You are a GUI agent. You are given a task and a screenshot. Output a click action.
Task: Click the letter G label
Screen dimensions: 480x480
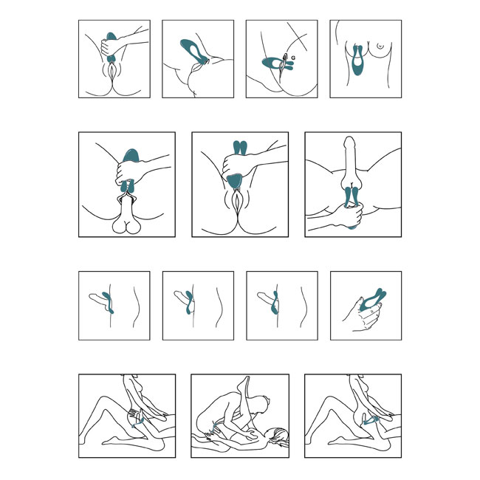click(x=293, y=58)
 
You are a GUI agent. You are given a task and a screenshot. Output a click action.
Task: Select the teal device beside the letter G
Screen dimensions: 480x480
click(x=277, y=64)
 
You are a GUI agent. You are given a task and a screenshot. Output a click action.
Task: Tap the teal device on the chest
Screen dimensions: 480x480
click(x=357, y=60)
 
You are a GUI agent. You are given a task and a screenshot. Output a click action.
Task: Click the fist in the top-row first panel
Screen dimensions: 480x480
click(x=109, y=47)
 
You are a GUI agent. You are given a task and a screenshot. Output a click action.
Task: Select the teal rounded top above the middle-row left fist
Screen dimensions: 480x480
click(x=131, y=155)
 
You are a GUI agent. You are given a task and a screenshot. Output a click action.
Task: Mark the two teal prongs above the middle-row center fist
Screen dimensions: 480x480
click(x=240, y=148)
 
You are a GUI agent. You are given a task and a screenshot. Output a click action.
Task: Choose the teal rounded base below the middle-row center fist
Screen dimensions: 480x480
click(x=235, y=182)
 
